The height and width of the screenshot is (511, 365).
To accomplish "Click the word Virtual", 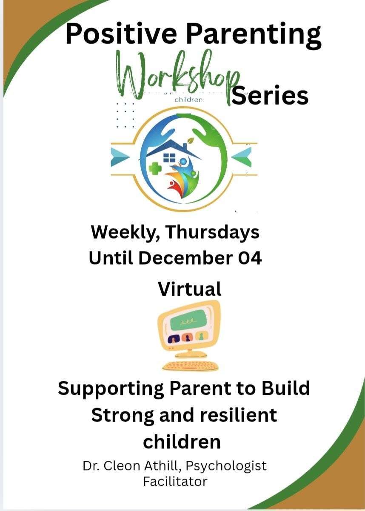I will point(190,289).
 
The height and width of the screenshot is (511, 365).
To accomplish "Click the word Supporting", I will point(111,389).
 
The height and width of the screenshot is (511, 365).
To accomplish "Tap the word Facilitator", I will point(175,482).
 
